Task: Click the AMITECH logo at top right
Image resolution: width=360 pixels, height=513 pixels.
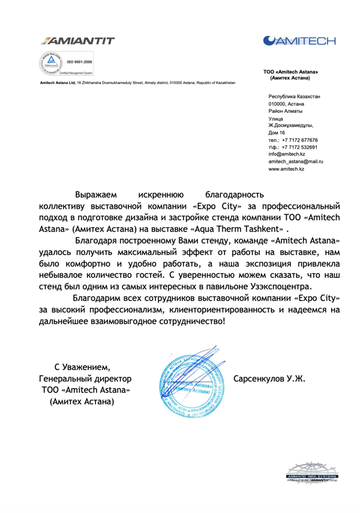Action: [x=301, y=40]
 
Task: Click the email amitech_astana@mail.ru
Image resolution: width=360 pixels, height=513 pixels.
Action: [x=296, y=162]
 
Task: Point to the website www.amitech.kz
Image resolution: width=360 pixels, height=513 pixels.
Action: [x=286, y=170]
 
